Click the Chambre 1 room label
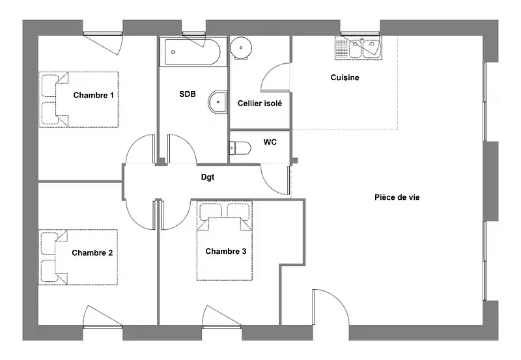coord(93,95)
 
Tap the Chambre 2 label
coord(92,253)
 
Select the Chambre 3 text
coord(225,251)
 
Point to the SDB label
coord(188,94)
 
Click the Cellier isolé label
coord(259,104)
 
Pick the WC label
coord(270,142)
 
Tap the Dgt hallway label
coord(208,177)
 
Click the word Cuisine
coord(345,77)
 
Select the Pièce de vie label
coord(397,197)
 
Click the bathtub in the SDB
coord(190,52)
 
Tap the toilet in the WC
coord(240,148)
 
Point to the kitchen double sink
coord(359,48)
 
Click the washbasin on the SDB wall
coord(218,102)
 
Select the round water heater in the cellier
coord(241,48)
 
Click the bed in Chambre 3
coord(225,241)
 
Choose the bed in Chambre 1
coord(79,100)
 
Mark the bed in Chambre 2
coord(78,257)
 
